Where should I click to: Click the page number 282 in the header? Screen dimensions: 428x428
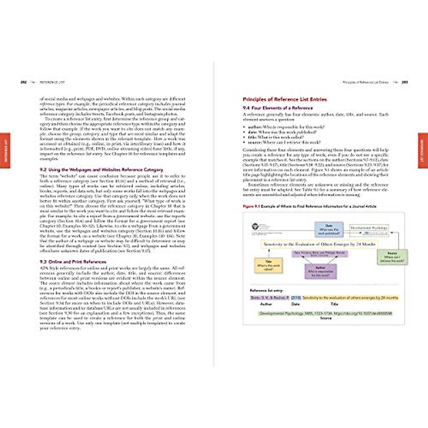24,82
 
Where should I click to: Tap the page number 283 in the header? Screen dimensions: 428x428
404,82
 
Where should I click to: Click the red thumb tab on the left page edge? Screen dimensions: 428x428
5,150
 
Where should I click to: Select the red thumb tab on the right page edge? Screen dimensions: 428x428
423,150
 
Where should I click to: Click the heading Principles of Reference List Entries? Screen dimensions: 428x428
285,100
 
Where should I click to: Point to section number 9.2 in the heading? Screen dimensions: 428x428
43,170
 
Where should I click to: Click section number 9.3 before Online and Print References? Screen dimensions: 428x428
43,262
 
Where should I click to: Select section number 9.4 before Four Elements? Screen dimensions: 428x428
246,108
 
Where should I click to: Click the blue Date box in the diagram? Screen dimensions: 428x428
328,229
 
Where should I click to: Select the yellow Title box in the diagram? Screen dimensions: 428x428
268,265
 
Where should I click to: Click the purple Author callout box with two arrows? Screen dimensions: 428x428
320,271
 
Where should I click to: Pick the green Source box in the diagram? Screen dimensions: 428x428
392,257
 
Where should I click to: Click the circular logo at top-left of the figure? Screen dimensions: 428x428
255,226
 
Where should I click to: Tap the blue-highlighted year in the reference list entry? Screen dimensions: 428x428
296,297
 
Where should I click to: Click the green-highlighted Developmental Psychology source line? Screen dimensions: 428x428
325,314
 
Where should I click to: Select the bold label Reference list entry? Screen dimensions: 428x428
266,291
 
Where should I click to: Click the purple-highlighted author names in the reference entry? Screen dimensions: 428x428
270,297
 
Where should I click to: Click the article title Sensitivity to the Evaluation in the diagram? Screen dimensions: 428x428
319,244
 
